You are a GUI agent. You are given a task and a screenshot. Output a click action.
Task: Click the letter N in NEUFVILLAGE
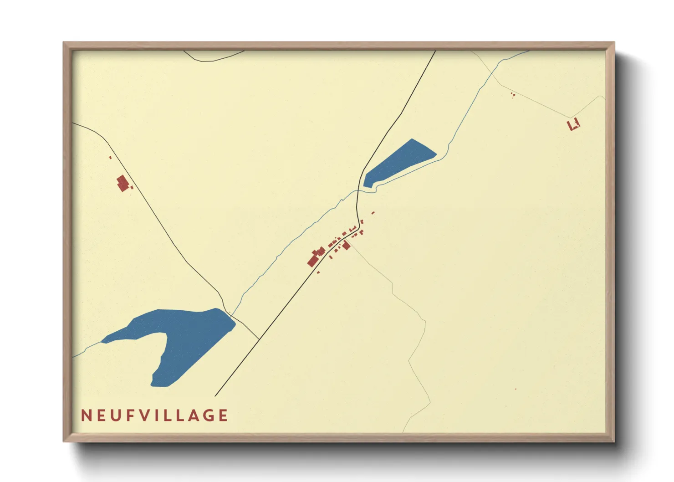point(85,415)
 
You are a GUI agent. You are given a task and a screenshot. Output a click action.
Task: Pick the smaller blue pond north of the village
point(401,162)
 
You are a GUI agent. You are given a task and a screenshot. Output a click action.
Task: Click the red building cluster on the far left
point(123,184)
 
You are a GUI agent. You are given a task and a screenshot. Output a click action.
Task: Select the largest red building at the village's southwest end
point(312,261)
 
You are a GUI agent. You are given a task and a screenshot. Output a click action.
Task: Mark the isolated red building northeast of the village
point(373,213)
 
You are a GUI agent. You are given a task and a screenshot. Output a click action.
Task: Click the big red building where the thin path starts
point(346,246)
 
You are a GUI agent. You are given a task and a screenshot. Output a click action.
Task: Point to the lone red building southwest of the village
point(318,272)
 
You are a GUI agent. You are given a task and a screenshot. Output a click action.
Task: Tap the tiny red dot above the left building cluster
point(110,158)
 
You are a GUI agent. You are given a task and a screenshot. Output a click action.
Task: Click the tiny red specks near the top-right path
point(513,95)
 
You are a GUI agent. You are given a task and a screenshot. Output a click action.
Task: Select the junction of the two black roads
point(259,339)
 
